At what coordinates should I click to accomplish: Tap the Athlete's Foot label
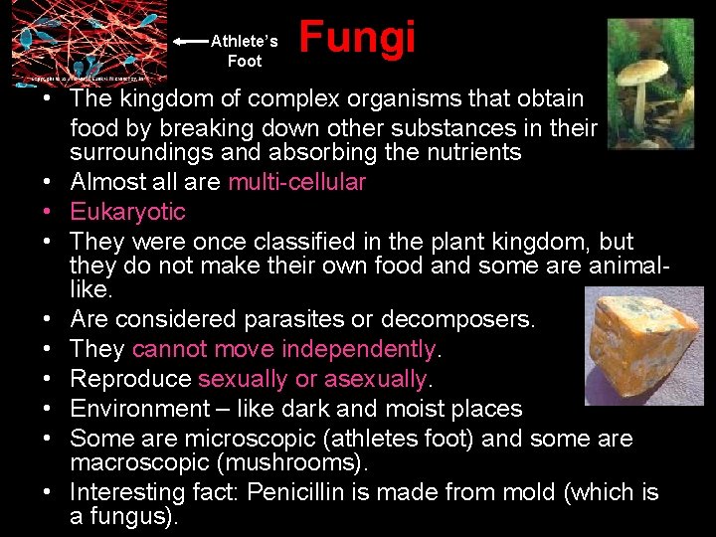tap(245, 51)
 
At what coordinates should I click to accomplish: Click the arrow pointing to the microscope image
tap(190, 42)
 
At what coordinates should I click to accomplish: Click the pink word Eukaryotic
tap(127, 212)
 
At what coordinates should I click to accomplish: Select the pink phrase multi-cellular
tap(296, 182)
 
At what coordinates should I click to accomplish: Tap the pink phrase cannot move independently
tap(283, 349)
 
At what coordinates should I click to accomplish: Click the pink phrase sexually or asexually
tap(312, 379)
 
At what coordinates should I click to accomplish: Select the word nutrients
tap(471, 152)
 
